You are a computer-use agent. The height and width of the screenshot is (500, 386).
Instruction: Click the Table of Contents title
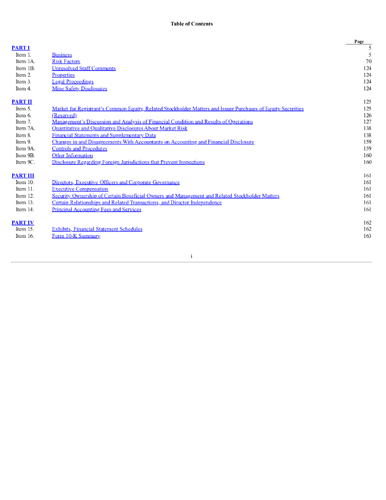(x=191, y=23)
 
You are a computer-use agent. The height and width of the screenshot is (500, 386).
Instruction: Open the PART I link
(x=20, y=48)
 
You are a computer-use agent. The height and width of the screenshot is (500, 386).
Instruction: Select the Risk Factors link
(x=66, y=62)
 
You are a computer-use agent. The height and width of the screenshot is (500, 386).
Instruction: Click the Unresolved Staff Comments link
(x=83, y=68)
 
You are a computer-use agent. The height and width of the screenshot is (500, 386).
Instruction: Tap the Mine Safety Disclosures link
(x=79, y=88)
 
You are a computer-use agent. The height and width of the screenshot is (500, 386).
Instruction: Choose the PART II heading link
(x=21, y=102)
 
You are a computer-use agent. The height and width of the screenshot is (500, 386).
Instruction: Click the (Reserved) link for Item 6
(x=64, y=115)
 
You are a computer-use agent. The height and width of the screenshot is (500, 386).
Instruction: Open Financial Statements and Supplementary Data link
(x=103, y=135)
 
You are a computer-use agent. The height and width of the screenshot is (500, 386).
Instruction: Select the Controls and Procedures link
(x=79, y=148)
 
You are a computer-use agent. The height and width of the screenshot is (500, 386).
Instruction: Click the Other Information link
(x=72, y=155)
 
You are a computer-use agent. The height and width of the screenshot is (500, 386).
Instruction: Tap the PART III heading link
(x=22, y=175)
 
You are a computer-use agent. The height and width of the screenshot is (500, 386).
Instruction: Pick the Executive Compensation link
(x=80, y=189)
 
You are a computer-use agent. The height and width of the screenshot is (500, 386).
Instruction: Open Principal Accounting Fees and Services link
(x=96, y=209)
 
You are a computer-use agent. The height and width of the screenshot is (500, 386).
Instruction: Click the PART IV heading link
(x=22, y=223)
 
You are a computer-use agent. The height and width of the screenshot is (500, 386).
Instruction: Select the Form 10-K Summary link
(x=76, y=236)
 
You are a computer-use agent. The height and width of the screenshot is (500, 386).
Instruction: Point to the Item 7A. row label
(x=25, y=128)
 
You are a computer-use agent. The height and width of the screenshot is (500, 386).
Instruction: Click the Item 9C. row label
(x=25, y=162)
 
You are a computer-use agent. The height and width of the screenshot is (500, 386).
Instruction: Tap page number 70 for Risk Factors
(x=368, y=62)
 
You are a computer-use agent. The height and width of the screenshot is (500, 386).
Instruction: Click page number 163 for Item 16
(x=367, y=236)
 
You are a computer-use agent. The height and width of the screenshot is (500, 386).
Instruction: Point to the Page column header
(x=359, y=42)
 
